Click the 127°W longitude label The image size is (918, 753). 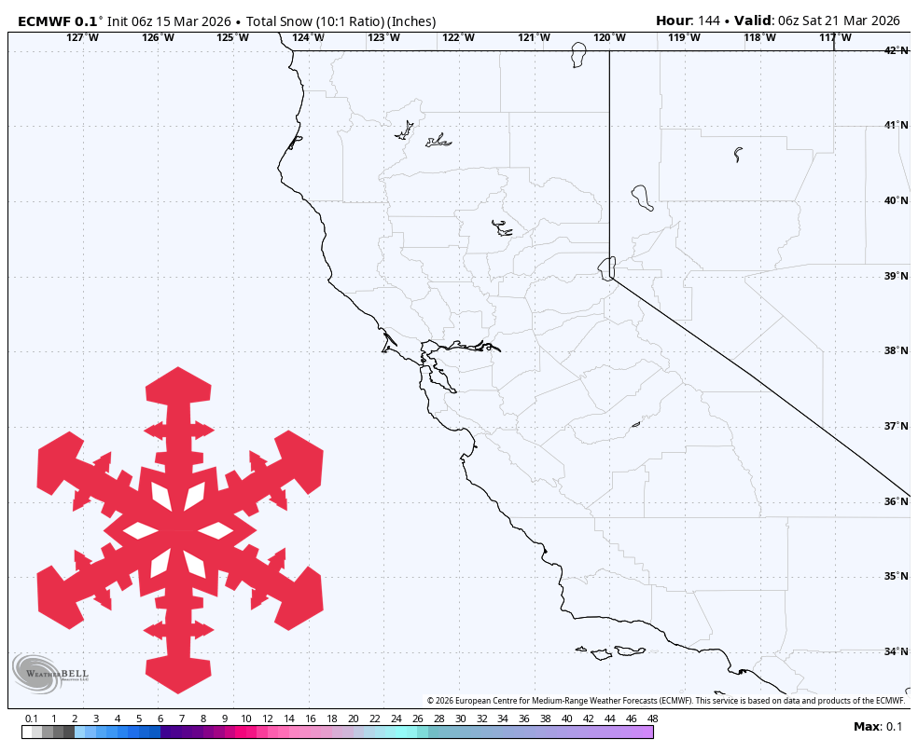click(82, 37)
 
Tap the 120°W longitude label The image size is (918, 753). click(609, 37)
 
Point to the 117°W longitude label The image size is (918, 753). click(835, 37)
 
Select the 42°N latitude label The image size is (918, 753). click(897, 50)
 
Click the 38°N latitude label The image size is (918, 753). click(897, 351)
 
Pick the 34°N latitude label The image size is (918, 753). click(897, 651)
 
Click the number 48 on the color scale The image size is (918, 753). click(652, 719)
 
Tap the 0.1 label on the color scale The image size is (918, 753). click(32, 719)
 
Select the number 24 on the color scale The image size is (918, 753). click(396, 719)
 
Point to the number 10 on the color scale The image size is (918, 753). click(245, 719)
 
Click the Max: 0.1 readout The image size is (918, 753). click(878, 727)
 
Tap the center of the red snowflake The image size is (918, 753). click(179, 531)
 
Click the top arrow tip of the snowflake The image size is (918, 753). click(179, 370)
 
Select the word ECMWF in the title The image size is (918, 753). click(45, 21)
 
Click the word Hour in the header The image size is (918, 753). click(673, 21)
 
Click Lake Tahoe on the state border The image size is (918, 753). click(607, 267)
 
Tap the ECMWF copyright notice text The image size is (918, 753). click(666, 701)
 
